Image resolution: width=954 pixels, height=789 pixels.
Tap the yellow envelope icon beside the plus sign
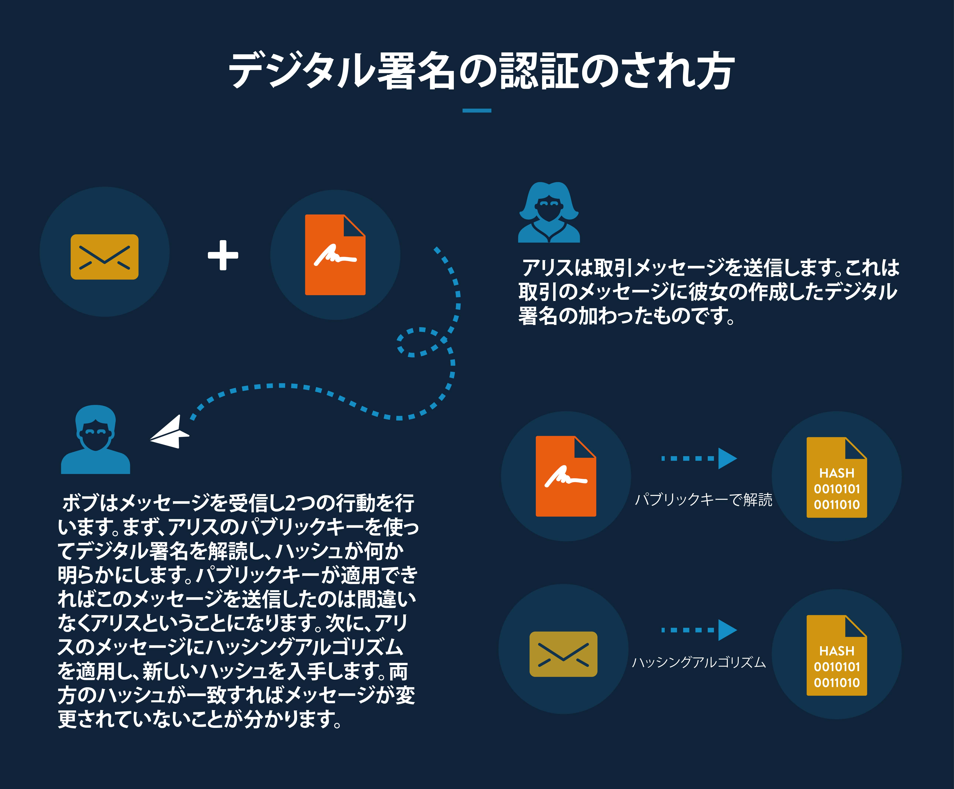[105, 257]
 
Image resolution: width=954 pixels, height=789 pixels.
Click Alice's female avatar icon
[549, 212]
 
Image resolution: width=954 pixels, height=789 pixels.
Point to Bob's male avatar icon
[95, 439]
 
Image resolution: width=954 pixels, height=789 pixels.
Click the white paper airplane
[169, 432]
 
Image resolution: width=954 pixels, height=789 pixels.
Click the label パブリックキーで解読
[703, 500]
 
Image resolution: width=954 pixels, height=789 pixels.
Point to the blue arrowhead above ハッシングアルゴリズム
[727, 630]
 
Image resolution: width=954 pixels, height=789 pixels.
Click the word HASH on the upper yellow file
[837, 473]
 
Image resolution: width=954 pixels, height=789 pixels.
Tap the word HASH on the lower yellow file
[837, 651]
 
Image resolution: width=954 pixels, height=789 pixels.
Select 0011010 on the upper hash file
[837, 505]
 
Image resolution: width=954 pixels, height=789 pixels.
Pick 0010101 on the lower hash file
[837, 667]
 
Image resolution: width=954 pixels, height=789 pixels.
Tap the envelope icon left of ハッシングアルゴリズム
[563, 654]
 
